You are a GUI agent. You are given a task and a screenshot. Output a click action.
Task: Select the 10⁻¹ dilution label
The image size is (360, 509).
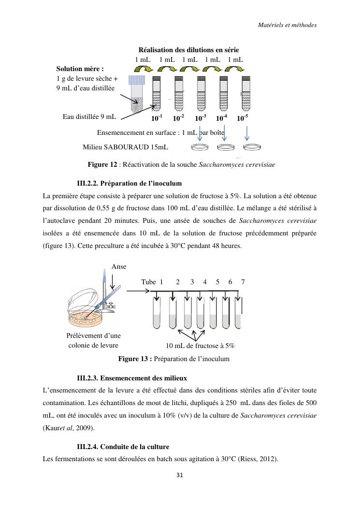pos(157,118)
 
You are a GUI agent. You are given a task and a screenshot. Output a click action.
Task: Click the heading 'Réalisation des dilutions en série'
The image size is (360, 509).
pos(188,50)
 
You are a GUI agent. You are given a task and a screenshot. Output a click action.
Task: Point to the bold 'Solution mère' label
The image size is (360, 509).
pos(80,69)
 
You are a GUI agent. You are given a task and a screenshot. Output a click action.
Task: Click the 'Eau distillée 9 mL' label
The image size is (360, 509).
pos(89,116)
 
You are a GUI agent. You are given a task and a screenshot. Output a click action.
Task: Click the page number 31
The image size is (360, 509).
pos(180,475)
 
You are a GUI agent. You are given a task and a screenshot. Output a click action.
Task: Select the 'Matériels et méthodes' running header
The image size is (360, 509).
pos(287,25)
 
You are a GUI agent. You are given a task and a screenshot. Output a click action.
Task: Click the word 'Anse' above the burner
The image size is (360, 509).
pos(119,266)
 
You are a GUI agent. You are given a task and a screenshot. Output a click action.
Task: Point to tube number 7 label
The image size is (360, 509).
pos(243,282)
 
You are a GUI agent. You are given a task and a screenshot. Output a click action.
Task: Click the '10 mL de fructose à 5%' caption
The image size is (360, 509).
pos(200,346)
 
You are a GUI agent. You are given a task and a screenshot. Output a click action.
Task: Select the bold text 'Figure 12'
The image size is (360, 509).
pos(102,165)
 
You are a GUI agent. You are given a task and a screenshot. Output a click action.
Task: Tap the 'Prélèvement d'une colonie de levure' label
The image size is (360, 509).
pos(93,340)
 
